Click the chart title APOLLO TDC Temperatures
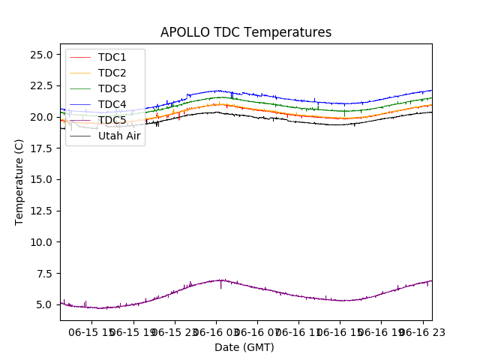[246, 32]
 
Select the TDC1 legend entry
[112, 57]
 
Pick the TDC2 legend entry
[112, 73]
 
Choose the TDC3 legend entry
[112, 88]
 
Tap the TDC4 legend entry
[112, 104]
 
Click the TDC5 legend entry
[112, 120]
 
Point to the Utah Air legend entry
[119, 136]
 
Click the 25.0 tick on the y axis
[40, 55]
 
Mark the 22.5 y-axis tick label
[40, 86]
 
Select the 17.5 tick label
[40, 148]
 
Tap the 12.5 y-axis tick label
[40, 211]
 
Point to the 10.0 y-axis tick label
[40, 242]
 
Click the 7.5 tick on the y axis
[43, 274]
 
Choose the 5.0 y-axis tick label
[43, 304]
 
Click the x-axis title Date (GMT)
[244, 347]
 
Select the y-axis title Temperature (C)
[19, 182]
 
